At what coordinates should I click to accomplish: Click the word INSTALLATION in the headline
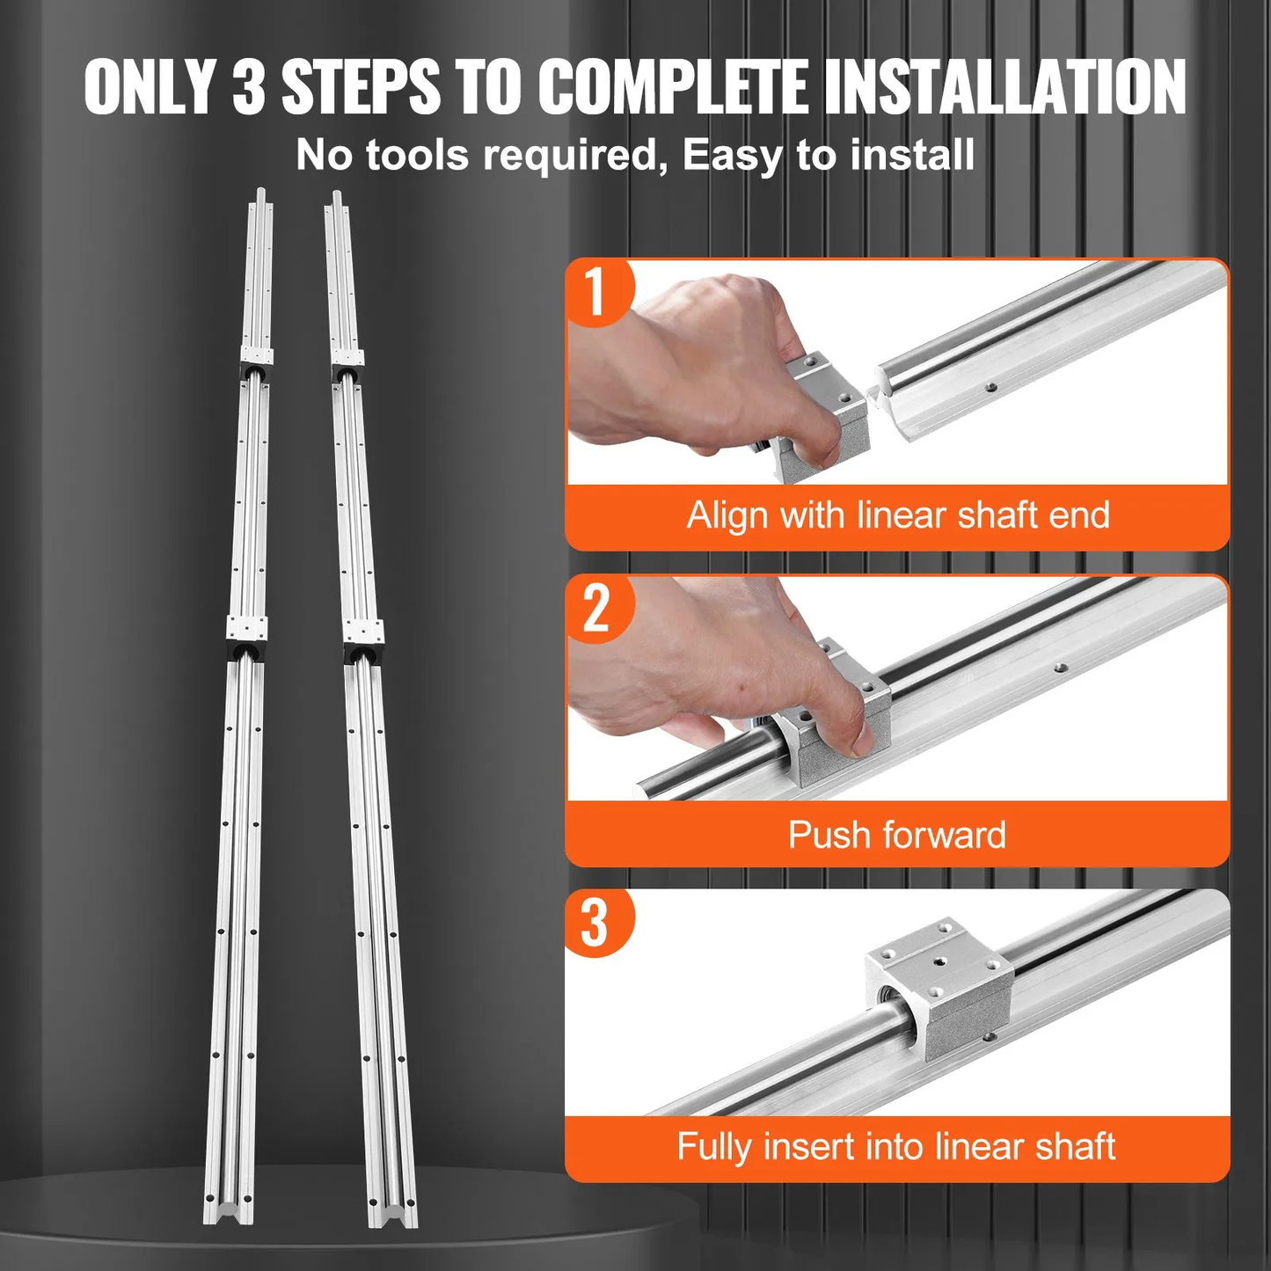[x=1004, y=87]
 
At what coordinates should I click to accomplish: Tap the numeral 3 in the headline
[x=249, y=87]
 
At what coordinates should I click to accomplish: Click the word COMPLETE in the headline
[x=672, y=87]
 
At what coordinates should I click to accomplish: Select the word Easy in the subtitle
[x=732, y=156]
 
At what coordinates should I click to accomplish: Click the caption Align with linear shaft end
[x=897, y=515]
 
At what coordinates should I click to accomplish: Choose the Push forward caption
[x=897, y=835]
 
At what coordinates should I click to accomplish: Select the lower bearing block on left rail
[x=245, y=636]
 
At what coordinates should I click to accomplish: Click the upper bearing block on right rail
[x=347, y=362]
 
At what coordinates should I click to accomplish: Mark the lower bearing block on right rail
[x=363, y=638]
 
